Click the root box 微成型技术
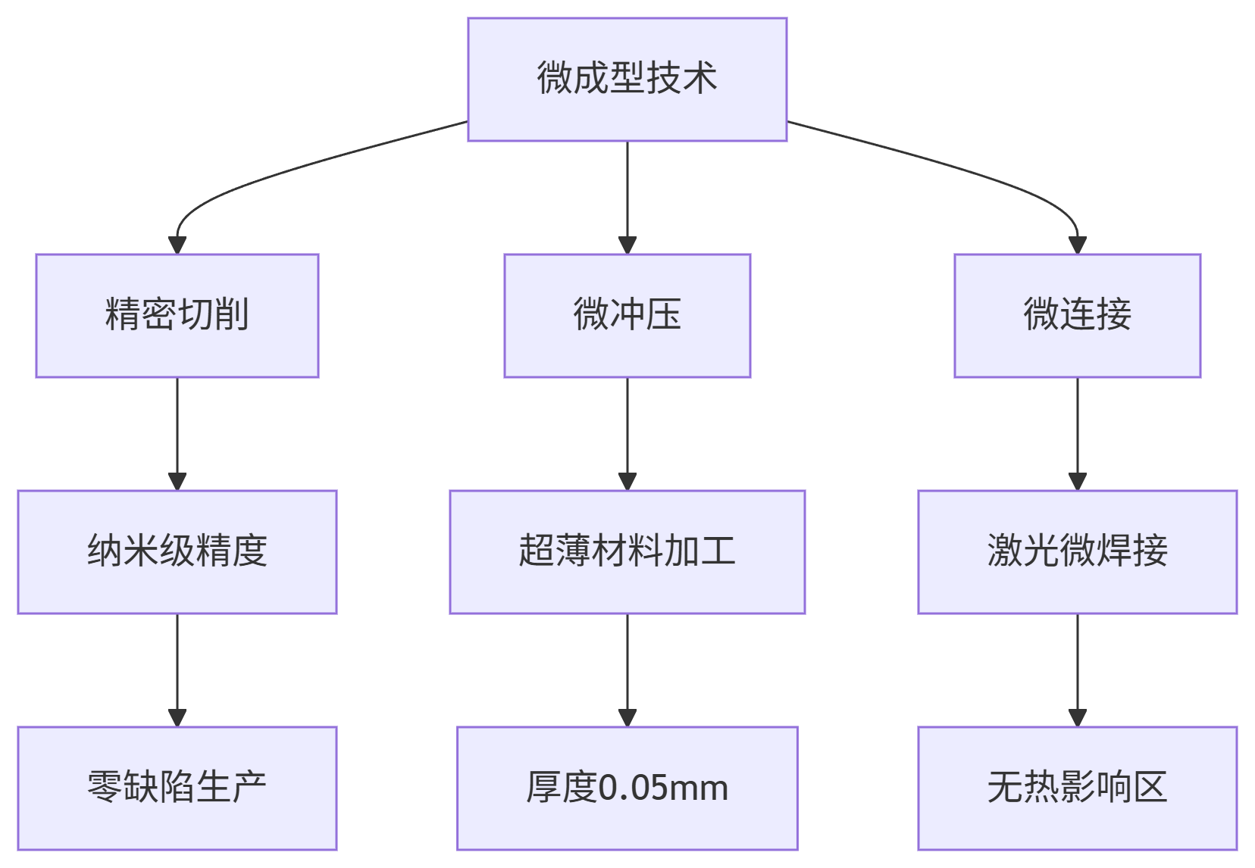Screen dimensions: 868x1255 (627, 79)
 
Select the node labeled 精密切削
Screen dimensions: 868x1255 (177, 315)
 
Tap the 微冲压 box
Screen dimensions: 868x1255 (627, 315)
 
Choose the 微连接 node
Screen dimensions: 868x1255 (1077, 315)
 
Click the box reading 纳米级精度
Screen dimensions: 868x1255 (177, 551)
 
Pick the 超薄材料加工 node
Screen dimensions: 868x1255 (627, 551)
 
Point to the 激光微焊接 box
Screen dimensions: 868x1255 (1077, 551)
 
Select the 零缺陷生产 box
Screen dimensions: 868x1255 (177, 788)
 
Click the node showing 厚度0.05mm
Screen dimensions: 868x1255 (627, 788)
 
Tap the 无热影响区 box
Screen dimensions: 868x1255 (1077, 788)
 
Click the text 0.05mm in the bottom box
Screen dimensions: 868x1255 (663, 788)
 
